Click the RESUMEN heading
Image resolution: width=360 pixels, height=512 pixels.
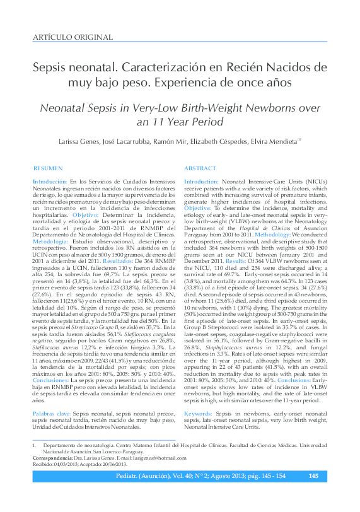(x=48, y=168)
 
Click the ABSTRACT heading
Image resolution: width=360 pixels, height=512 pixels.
(x=200, y=168)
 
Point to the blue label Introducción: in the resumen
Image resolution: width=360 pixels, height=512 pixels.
(x=50, y=180)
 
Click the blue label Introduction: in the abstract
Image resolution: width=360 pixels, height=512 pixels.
(x=202, y=180)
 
